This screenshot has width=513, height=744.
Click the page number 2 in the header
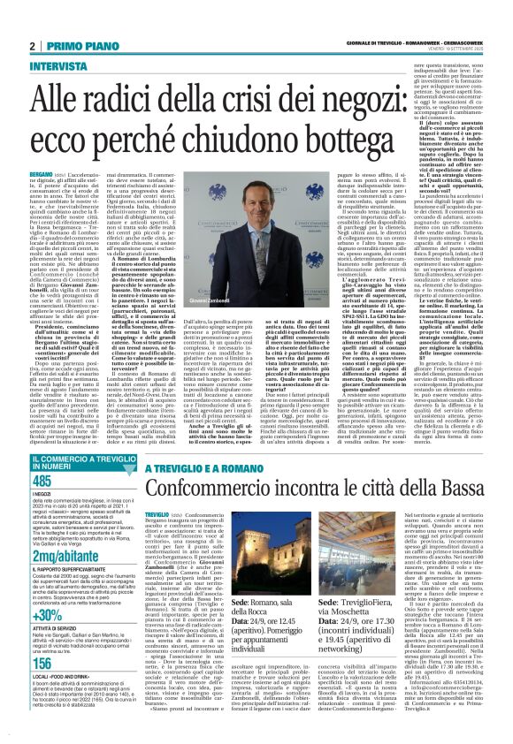pyautogui.click(x=31, y=46)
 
